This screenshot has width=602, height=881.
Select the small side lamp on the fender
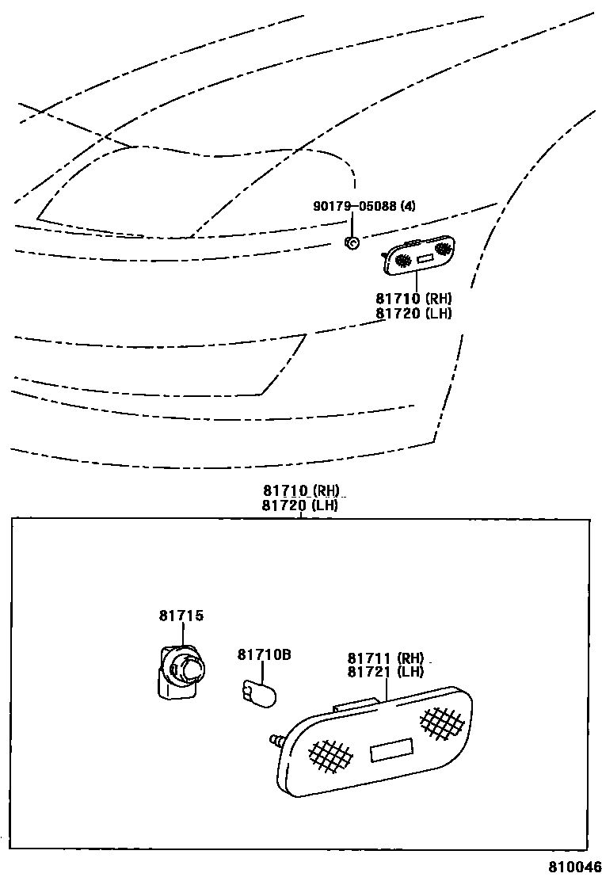tap(420, 254)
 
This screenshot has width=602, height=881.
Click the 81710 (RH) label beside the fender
tap(414, 299)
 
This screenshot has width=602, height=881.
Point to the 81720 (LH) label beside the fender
tap(414, 313)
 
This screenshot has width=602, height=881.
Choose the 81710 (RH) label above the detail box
tap(302, 490)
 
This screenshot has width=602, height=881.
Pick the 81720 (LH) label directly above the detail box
tap(302, 505)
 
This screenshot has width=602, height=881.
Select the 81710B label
tap(265, 654)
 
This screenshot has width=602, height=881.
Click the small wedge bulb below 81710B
tap(260, 692)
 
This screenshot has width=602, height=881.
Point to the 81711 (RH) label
tap(386, 658)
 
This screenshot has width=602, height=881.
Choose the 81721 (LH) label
tap(386, 672)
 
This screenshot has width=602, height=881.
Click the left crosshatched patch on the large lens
tap(330, 757)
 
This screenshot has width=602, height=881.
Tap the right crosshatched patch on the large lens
tap(442, 720)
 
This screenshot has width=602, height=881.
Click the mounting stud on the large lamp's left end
tap(277, 741)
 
